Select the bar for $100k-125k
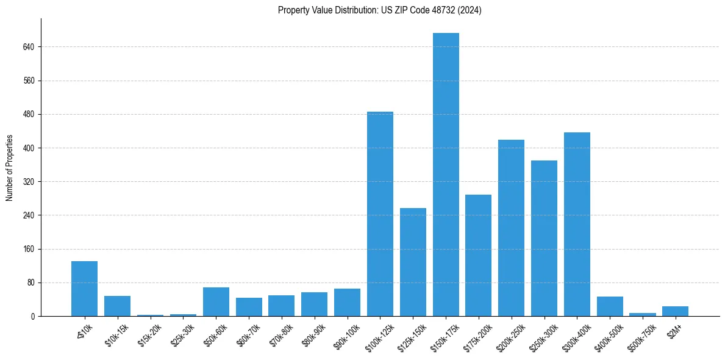[380, 214]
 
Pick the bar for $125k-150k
[413, 262]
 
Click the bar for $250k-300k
[544, 238]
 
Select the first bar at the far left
[84, 289]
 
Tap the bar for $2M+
[675, 311]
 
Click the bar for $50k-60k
[216, 301]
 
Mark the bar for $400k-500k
[610, 306]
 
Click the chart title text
[379, 10]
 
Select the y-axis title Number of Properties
[10, 167]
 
